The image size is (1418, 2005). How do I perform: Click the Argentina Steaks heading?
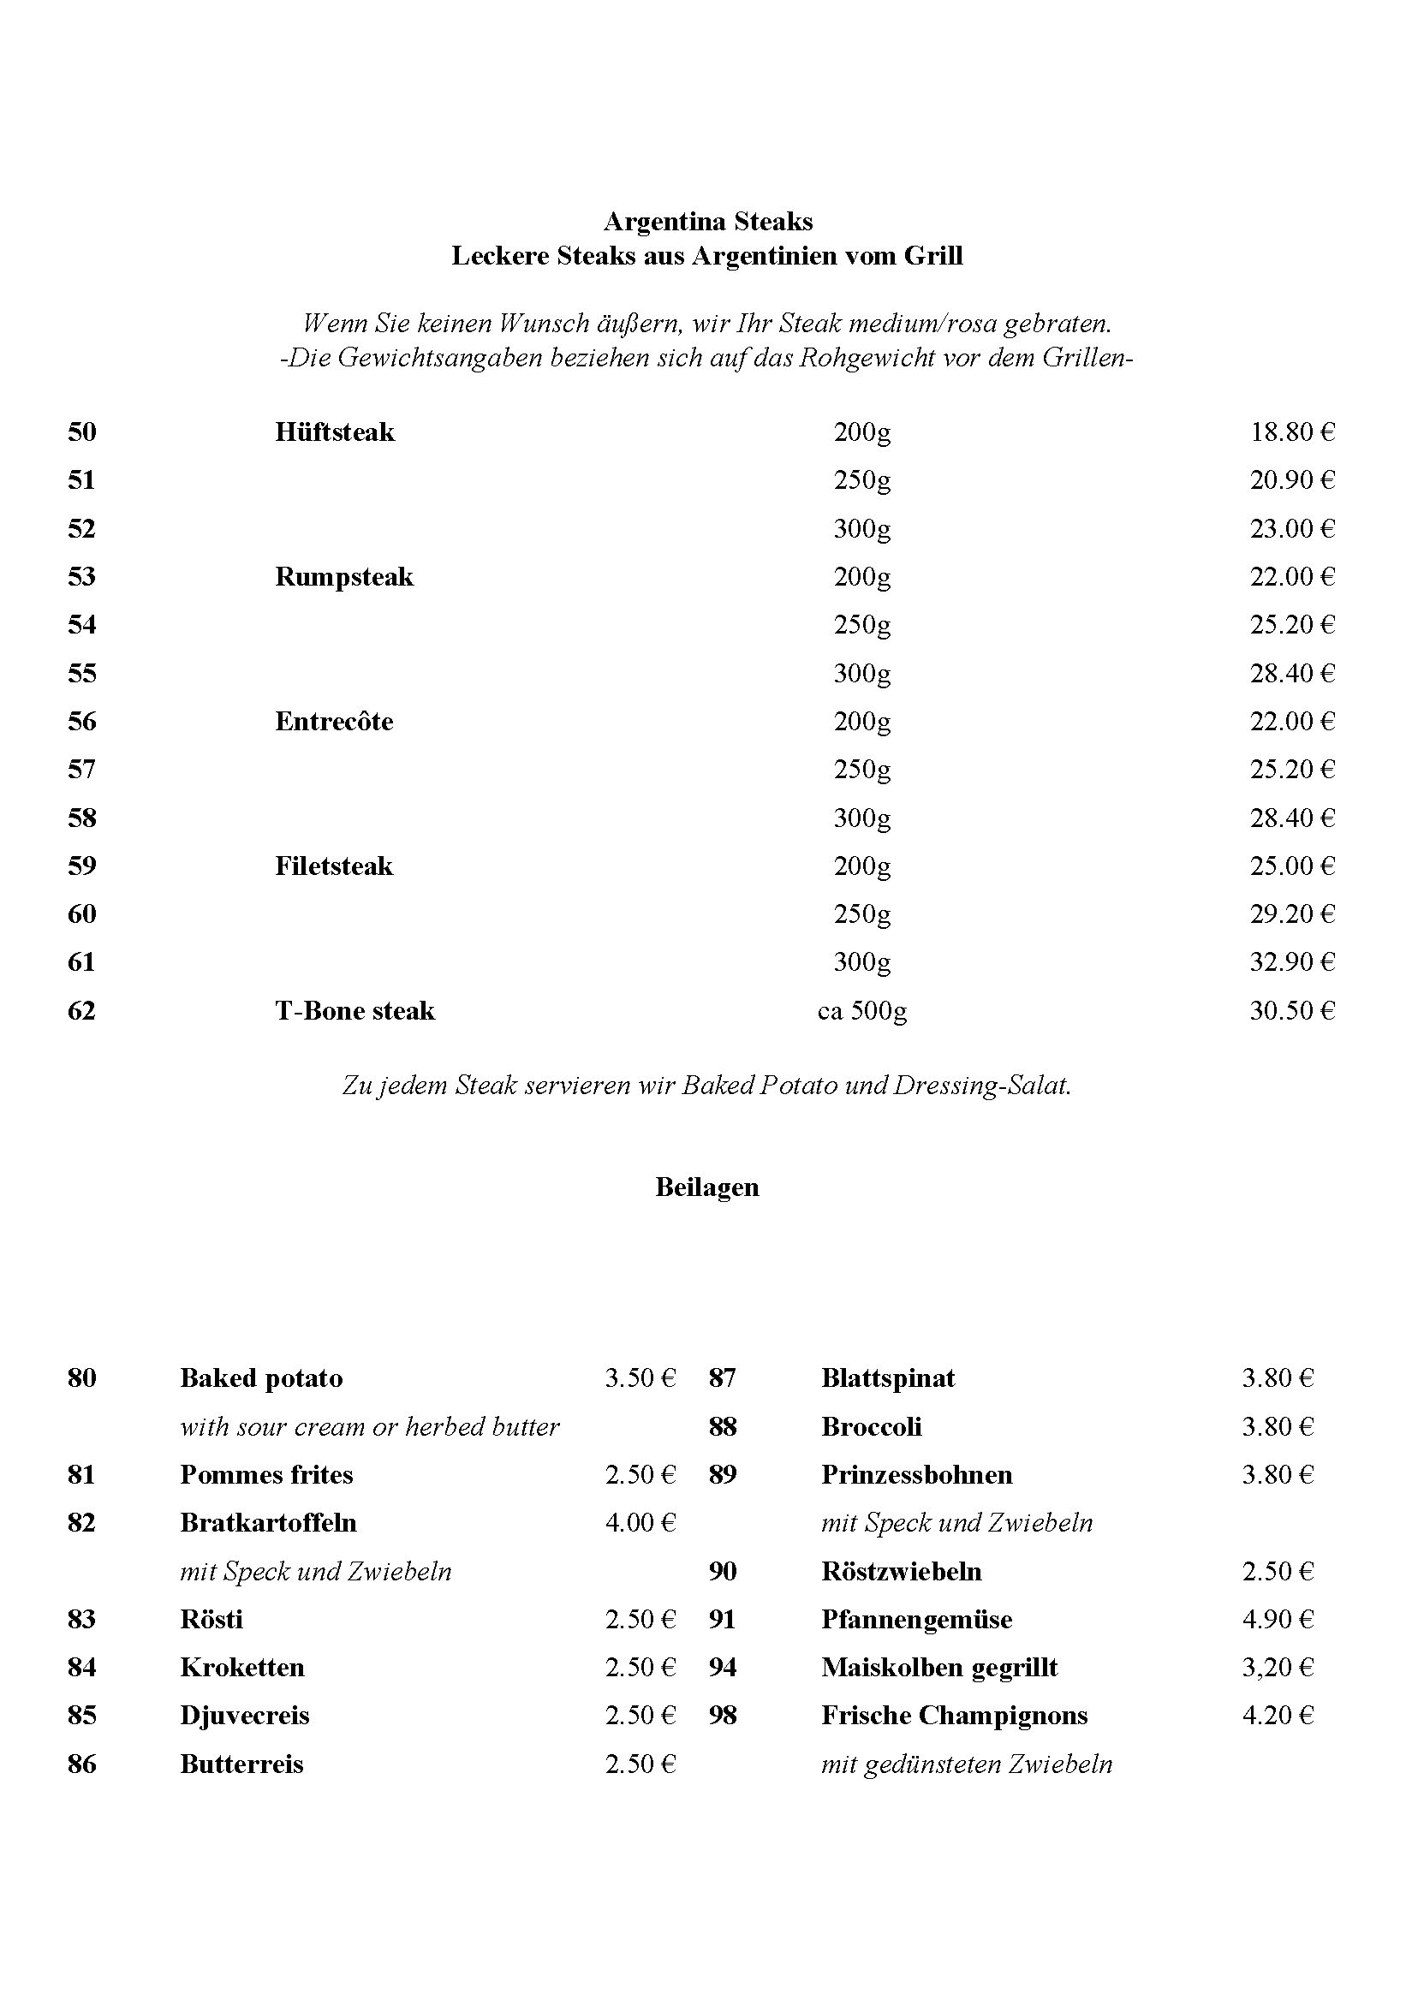point(707,222)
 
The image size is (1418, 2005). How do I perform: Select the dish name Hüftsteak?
point(335,432)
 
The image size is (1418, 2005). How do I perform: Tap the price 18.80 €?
point(1292,432)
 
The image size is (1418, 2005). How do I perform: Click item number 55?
point(81,673)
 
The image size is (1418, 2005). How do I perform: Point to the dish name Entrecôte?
point(334,722)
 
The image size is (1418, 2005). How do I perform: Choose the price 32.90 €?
point(1292,962)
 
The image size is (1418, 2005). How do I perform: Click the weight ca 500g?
point(862,1011)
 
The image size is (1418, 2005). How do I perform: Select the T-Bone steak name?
point(354,1011)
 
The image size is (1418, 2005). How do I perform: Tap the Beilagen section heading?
point(706,1187)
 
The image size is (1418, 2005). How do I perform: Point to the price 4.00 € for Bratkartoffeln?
point(640,1523)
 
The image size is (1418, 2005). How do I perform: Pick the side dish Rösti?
point(212,1620)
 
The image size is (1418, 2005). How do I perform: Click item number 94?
point(723,1668)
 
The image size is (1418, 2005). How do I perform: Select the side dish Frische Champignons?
point(954,1716)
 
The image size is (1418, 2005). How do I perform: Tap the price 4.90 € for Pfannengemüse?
point(1278,1620)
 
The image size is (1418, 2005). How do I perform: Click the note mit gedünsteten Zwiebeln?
point(966,1764)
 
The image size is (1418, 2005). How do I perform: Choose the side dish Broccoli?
point(871,1427)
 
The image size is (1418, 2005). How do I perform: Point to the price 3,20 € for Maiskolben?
point(1278,1668)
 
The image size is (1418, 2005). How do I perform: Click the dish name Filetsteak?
point(334,866)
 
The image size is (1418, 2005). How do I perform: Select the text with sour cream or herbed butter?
point(370,1427)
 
